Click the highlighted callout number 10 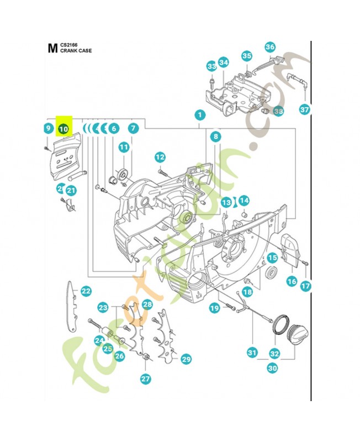point(63,128)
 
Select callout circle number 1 point(199,115)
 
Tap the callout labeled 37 point(305,109)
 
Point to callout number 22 point(86,291)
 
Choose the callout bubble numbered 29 point(186,360)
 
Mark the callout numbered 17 point(305,286)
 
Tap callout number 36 point(270,47)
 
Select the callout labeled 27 point(146,379)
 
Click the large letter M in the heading point(52,48)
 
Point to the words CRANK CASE point(76,50)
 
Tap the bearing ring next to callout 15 point(272,272)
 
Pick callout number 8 point(215,136)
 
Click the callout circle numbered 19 point(214,309)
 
